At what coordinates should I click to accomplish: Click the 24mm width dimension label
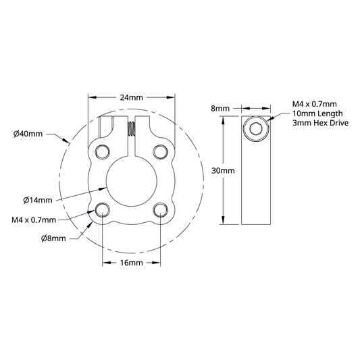[131, 97]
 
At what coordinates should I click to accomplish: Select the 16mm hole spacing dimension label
[131, 263]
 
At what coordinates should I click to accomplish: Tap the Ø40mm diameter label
[28, 134]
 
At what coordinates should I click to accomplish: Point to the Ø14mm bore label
[38, 200]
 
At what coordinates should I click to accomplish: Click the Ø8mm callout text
[53, 238]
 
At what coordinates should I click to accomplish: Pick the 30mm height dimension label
[223, 171]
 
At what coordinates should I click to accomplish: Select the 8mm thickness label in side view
[220, 108]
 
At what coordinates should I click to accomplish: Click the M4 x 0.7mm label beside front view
[34, 220]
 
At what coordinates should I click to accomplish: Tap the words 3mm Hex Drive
[320, 123]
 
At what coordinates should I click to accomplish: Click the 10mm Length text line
[317, 113]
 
